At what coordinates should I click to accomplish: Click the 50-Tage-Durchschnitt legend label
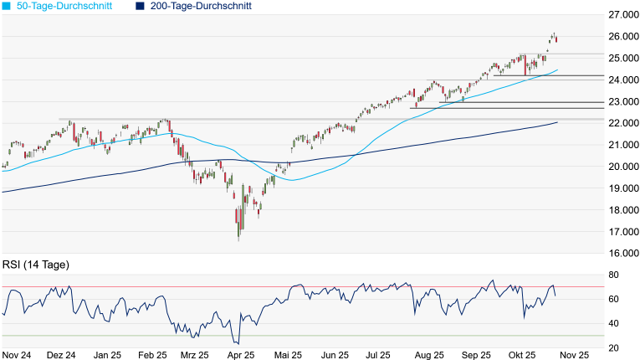[64, 6]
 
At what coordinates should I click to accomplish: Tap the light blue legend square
[6, 6]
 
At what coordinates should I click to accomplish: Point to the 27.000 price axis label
[623, 15]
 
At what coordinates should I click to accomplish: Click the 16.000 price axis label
[623, 254]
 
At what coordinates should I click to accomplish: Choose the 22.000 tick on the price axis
[623, 123]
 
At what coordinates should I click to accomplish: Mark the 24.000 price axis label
[623, 80]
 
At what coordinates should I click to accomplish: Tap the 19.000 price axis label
[623, 188]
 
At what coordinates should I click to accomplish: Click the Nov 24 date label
[17, 355]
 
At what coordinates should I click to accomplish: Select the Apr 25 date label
[241, 355]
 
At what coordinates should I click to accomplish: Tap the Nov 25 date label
[573, 355]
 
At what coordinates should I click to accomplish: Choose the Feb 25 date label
[152, 355]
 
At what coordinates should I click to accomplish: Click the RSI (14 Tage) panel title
[35, 265]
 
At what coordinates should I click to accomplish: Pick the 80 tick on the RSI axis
[613, 275]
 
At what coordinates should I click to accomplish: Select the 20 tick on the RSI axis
[613, 347]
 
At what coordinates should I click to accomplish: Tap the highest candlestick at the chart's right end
[554, 36]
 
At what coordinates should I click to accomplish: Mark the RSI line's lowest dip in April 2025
[238, 343]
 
